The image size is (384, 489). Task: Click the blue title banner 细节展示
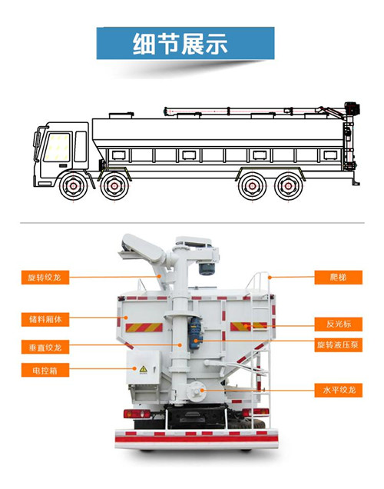tap(185, 43)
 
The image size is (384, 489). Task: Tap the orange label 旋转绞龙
tap(45, 278)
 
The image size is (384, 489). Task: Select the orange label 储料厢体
tap(45, 319)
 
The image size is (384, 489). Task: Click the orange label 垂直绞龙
tap(45, 347)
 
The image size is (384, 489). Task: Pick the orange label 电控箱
tap(45, 370)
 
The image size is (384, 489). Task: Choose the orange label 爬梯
tap(338, 278)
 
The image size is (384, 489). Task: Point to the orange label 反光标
tap(338, 324)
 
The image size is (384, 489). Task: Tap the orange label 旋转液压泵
tap(338, 345)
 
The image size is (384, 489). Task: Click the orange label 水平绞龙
tap(338, 390)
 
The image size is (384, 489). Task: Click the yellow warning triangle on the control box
tap(144, 369)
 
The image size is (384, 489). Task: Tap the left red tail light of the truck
tap(137, 414)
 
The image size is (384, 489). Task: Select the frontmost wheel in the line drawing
tap(74, 186)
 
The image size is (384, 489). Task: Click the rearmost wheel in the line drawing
tap(289, 187)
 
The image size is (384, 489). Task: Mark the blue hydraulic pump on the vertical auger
tap(195, 334)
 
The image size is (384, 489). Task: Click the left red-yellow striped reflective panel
tap(144, 328)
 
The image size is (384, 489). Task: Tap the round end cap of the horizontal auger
tap(196, 390)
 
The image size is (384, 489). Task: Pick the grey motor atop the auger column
tap(207, 268)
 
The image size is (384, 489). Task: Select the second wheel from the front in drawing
tap(114, 187)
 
